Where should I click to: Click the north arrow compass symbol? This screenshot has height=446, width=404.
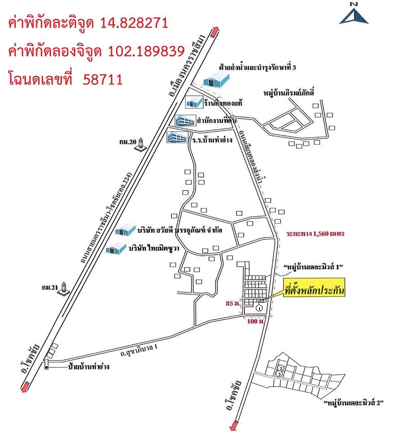(x=354, y=13)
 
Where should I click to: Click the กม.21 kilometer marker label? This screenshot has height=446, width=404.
(x=49, y=288)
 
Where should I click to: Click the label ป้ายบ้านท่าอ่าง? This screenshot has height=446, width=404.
(x=89, y=366)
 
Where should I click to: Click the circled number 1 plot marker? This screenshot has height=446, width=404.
(x=259, y=308)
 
